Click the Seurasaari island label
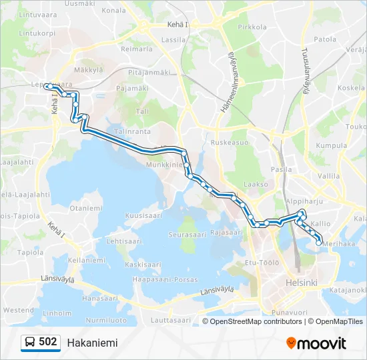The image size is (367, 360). click(186, 235)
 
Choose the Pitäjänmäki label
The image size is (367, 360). click(149, 72)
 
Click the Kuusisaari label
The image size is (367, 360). click(144, 216)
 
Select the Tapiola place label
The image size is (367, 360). click(30, 252)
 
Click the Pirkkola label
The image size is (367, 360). click(252, 27)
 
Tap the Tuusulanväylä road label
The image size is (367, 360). click(305, 71)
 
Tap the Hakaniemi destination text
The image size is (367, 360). click(92, 343)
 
